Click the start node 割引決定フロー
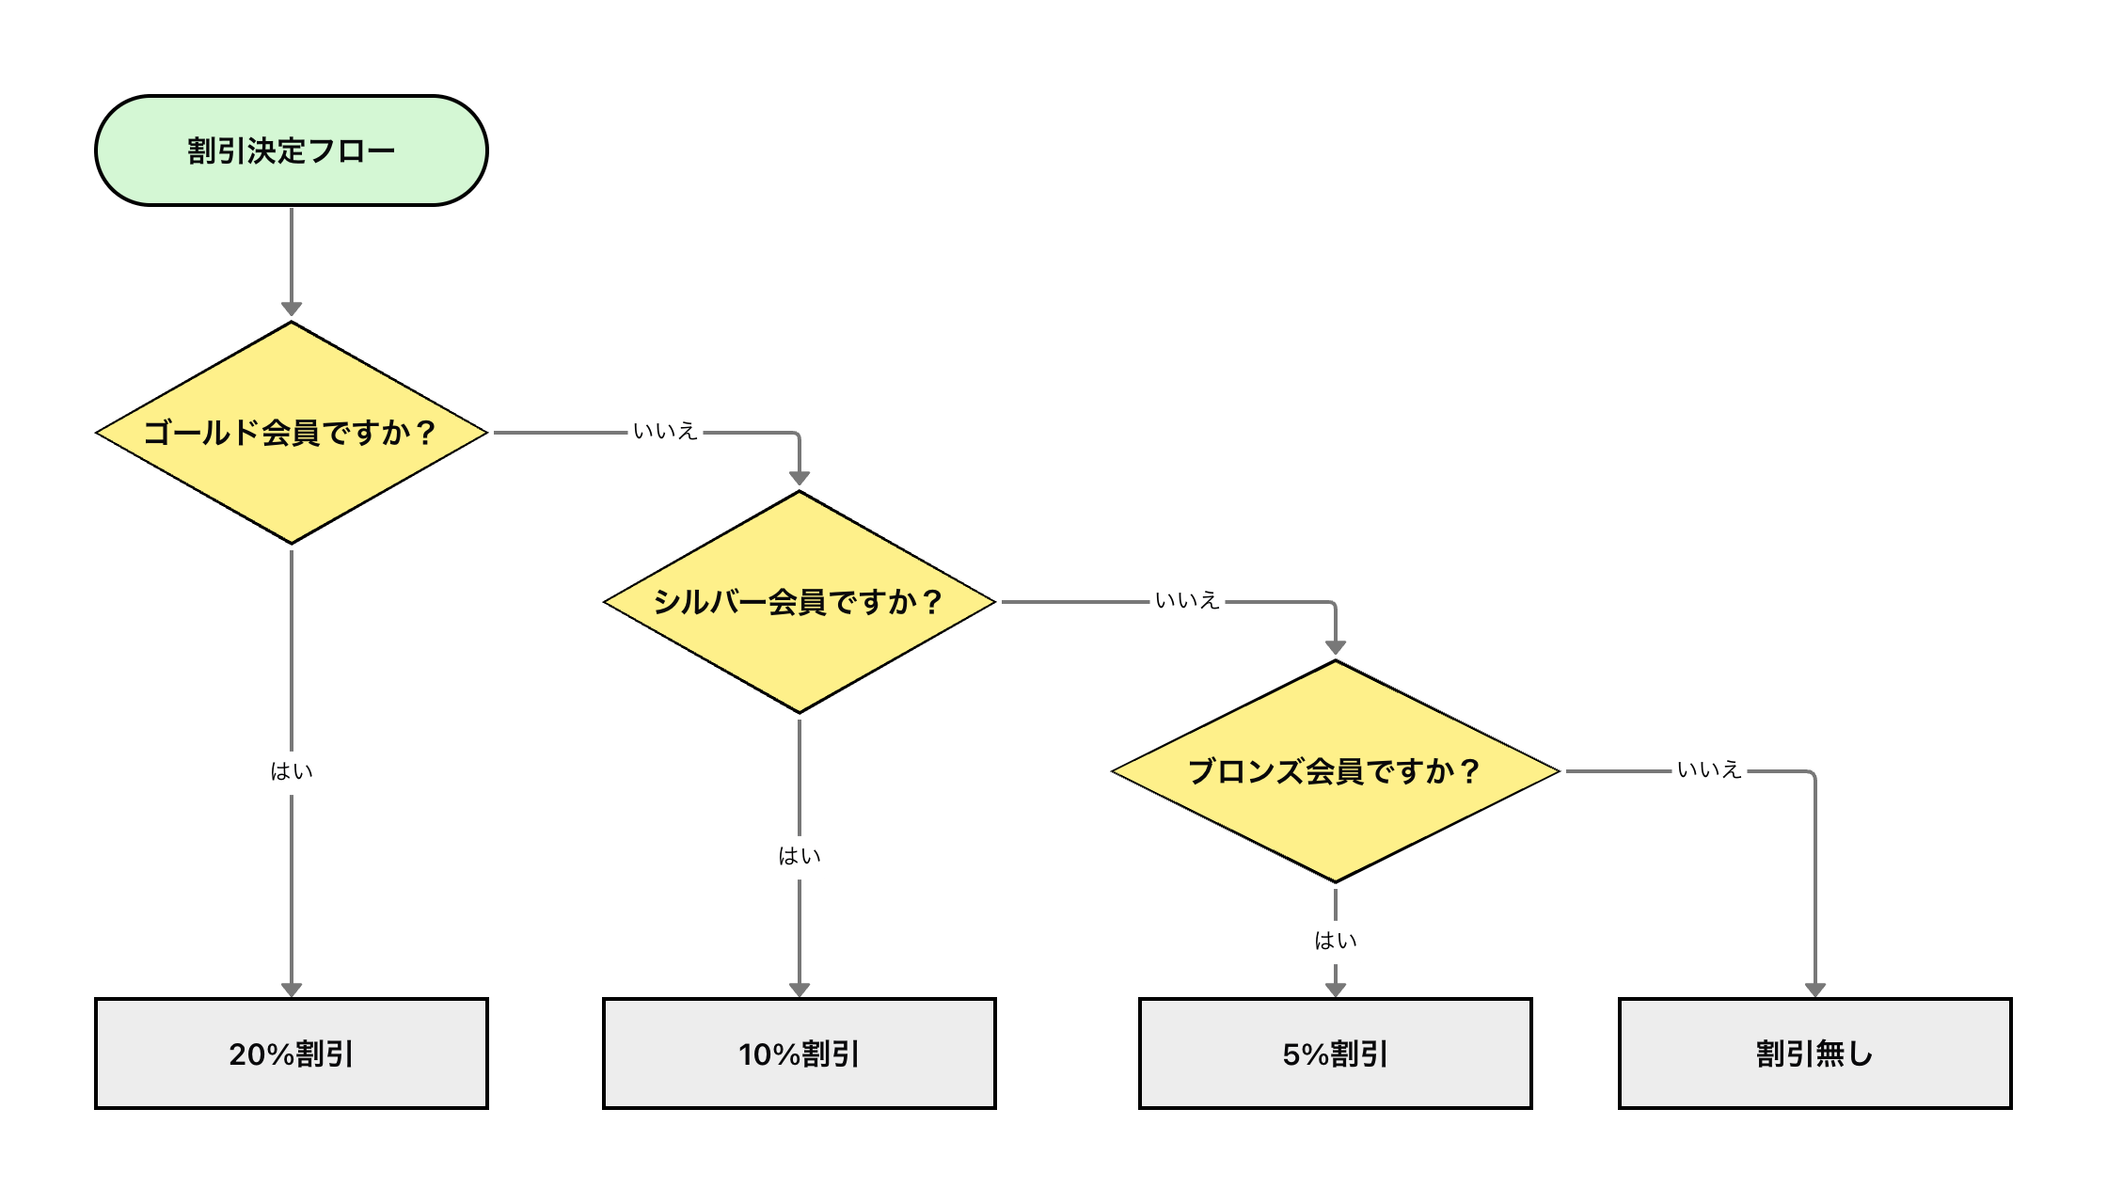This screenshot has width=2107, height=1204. (x=292, y=150)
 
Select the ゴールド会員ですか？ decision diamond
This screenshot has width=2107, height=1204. (x=292, y=433)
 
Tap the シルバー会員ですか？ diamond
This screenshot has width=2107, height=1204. (x=800, y=602)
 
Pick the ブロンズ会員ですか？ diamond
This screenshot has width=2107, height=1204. (x=1336, y=771)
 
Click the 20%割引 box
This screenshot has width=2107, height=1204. (x=292, y=1053)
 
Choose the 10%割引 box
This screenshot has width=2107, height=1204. (x=800, y=1053)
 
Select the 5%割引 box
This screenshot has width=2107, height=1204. (x=1336, y=1053)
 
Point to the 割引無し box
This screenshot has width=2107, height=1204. (x=1815, y=1053)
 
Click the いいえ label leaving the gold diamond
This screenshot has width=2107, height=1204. (x=665, y=433)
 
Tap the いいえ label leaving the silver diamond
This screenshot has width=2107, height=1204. (x=1187, y=602)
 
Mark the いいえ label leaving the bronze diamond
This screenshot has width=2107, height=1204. (x=1709, y=771)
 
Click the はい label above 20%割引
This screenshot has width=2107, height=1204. (x=292, y=772)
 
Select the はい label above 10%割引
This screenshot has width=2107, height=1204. (x=800, y=857)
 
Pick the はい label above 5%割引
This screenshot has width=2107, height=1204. (x=1336, y=942)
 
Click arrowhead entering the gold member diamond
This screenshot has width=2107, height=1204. (x=292, y=310)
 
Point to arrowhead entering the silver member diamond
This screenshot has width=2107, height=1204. (x=800, y=480)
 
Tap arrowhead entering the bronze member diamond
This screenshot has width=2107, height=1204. (x=1336, y=648)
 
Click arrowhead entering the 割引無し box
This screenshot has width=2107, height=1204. (x=1815, y=990)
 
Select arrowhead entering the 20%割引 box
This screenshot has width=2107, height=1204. (x=292, y=990)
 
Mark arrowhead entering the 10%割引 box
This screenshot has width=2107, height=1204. (x=800, y=990)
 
